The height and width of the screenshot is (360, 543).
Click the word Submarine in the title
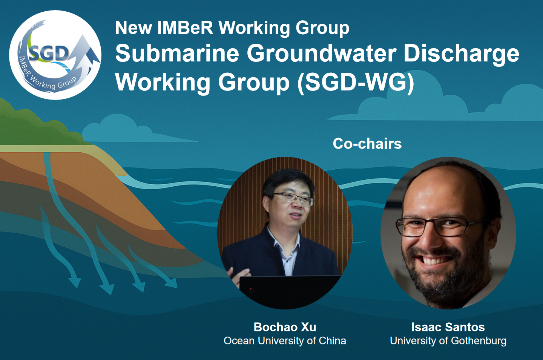pyautogui.click(x=177, y=54)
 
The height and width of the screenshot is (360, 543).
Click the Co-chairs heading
pyautogui.click(x=367, y=144)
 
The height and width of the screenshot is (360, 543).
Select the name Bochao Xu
pyautogui.click(x=285, y=327)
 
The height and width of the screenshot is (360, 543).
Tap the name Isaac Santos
pyautogui.click(x=448, y=327)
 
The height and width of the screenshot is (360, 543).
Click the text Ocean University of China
pyautogui.click(x=285, y=341)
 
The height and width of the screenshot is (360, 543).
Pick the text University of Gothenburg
pyautogui.click(x=448, y=341)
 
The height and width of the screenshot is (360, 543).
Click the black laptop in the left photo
pyautogui.click(x=288, y=291)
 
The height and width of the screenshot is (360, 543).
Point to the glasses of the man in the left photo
pyautogui.click(x=293, y=199)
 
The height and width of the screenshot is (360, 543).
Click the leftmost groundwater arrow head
pyautogui.click(x=74, y=282)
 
